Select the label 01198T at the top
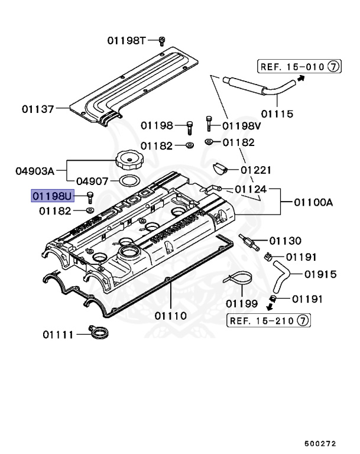126,40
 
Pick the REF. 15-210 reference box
270,320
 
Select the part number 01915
320,274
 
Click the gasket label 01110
171,315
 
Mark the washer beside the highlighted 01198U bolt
90,210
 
